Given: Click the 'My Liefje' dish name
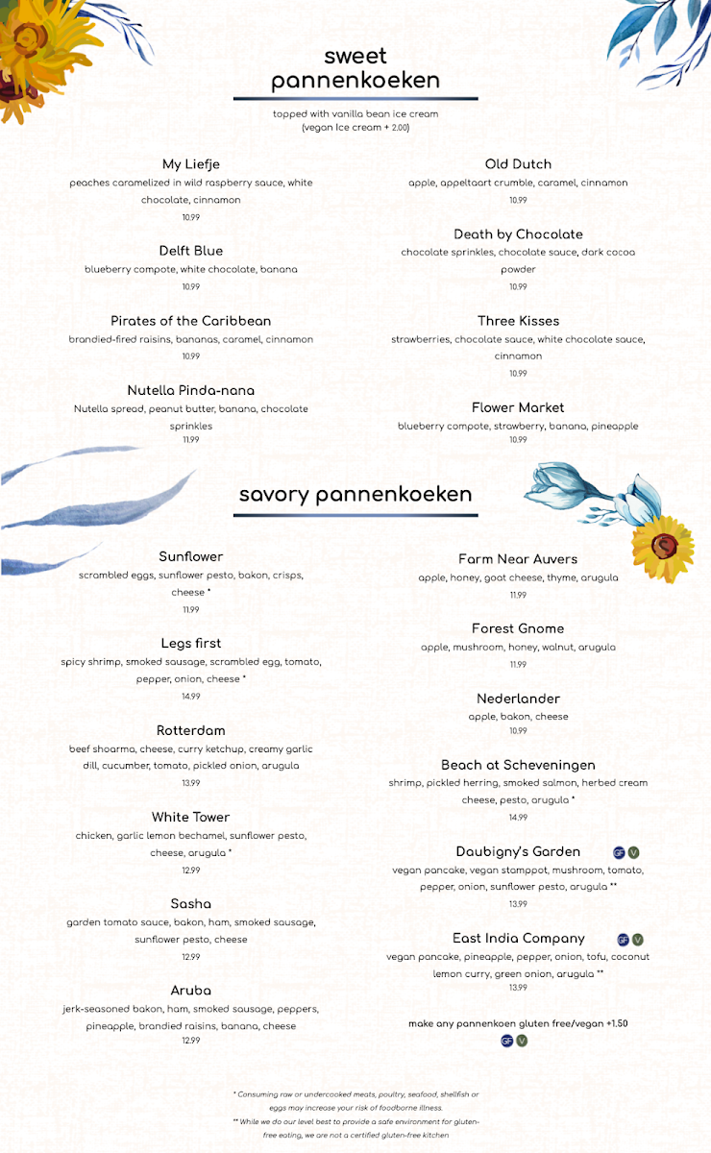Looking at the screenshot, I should point(190,164).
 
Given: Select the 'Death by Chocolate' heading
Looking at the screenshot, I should point(518,234).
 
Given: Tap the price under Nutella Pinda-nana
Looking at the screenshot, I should point(190,440).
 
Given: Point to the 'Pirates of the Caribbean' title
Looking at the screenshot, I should point(190,321).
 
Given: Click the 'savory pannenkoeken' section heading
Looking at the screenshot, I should point(355,494).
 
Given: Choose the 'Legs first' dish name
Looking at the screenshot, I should point(190,644).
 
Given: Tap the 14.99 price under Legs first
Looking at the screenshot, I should point(190,697).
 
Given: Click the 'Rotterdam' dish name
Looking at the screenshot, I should point(190,730).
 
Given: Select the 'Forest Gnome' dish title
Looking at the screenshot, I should point(518,628).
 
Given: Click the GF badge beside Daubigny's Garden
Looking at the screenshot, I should point(619,852).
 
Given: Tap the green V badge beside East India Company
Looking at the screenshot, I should point(638,940).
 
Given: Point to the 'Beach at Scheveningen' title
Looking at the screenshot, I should point(518,765).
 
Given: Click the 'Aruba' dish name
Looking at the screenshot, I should point(190,991).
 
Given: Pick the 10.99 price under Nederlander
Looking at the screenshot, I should point(518,731).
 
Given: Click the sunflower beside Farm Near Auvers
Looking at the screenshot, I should point(662,547).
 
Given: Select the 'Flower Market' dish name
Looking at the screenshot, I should point(518,407).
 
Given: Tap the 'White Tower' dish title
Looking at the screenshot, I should point(190,818).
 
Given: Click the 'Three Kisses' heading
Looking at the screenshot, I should point(518,321).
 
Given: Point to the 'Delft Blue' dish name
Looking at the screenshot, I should point(190,252).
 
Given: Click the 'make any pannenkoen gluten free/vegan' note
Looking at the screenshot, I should point(518,1023).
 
